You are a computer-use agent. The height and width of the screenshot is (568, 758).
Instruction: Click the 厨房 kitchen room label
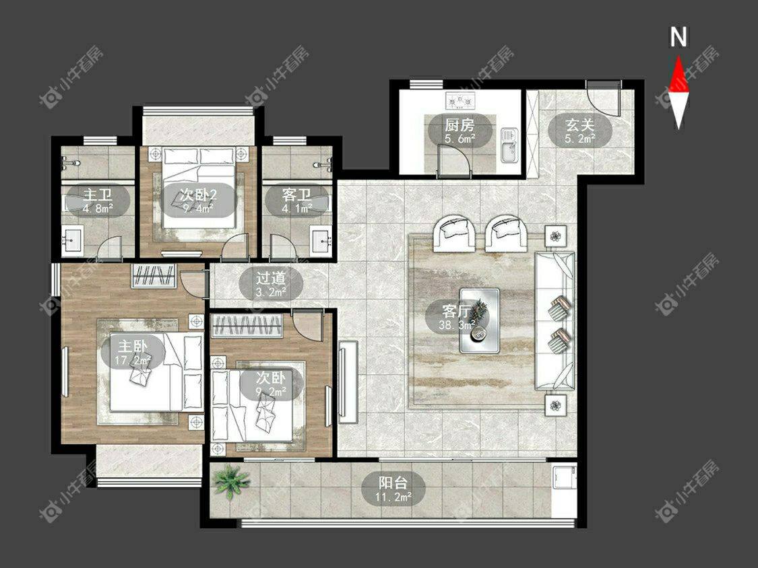(x=460, y=126)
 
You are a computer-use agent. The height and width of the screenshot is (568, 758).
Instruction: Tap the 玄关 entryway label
(x=580, y=125)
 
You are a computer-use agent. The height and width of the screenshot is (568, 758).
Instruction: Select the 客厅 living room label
(x=457, y=310)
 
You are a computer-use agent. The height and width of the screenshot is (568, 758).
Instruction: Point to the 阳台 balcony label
(x=393, y=483)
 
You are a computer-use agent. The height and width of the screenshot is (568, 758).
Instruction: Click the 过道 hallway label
(x=272, y=278)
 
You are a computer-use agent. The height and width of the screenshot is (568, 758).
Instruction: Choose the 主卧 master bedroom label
(x=133, y=346)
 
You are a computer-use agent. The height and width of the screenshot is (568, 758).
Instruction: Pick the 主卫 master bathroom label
(x=98, y=195)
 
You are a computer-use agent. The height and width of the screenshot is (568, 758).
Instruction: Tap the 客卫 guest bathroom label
(x=296, y=195)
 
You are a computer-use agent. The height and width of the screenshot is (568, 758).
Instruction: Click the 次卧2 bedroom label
(x=198, y=195)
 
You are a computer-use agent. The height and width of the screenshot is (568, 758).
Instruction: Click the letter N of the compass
(x=678, y=37)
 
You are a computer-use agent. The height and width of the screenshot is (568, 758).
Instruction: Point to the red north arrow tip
(x=678, y=57)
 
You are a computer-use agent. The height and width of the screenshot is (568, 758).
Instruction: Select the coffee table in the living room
(x=480, y=320)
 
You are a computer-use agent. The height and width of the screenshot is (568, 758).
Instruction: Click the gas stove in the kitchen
(x=460, y=101)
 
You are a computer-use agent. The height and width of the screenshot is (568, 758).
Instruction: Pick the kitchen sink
(x=509, y=145)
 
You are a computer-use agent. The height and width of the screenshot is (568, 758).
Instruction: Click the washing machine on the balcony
(x=564, y=478)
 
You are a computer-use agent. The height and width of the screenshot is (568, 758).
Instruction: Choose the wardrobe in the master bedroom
(x=154, y=277)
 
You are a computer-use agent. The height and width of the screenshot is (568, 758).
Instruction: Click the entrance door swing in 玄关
(x=603, y=98)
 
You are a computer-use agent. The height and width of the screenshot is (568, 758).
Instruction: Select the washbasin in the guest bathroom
(x=321, y=239)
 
